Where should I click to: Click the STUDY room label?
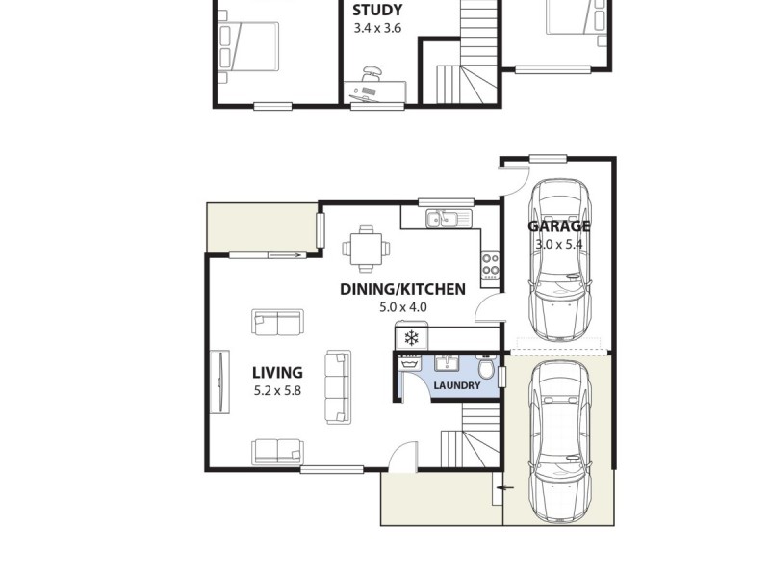[377, 12]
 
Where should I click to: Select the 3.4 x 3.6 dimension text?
[377, 29]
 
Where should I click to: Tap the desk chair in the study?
[372, 72]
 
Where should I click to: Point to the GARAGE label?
[558, 227]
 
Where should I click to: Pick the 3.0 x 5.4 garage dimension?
[558, 245]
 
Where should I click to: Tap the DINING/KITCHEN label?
[402, 289]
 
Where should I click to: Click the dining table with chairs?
[367, 248]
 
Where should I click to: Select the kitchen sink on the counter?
[444, 220]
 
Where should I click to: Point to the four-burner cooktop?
[490, 263]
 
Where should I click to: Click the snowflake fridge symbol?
[412, 338]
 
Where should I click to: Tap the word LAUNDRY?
[456, 386]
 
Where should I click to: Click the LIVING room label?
[277, 373]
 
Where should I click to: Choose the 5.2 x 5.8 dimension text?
[277, 391]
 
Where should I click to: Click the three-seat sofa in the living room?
[338, 387]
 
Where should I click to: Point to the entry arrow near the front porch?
[504, 488]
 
